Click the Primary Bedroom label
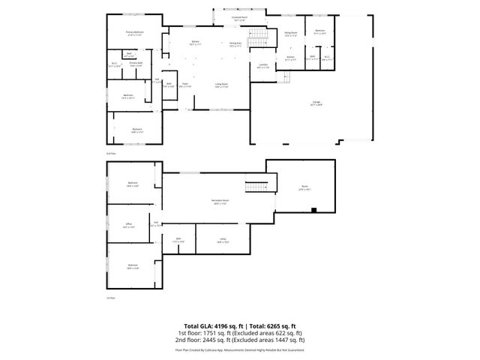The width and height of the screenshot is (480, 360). point(135,32)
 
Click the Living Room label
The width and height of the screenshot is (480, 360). point(222,86)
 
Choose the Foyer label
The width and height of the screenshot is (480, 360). point(186,86)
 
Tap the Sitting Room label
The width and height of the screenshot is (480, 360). point(290,32)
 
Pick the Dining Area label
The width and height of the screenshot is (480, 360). point(235,43)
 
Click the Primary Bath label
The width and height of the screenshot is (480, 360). point(135,64)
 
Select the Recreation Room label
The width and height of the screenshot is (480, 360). point(220,202)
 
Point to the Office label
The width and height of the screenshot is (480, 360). point(129,224)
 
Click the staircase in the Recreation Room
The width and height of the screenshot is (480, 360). point(256,187)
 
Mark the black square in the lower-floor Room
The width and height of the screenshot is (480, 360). point(313,209)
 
